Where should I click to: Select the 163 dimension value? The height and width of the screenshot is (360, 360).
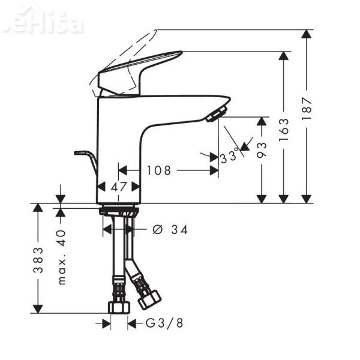(284, 129)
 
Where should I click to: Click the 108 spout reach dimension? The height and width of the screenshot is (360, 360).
(159, 170)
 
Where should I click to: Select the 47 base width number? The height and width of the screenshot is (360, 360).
(119, 187)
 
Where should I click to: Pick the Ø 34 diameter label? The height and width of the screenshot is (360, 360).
(170, 229)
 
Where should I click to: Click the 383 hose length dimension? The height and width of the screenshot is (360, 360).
(38, 259)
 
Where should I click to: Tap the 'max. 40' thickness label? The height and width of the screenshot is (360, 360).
(61, 256)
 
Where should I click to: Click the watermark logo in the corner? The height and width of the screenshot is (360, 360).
(42, 22)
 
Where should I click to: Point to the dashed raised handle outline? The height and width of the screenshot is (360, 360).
(126, 54)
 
